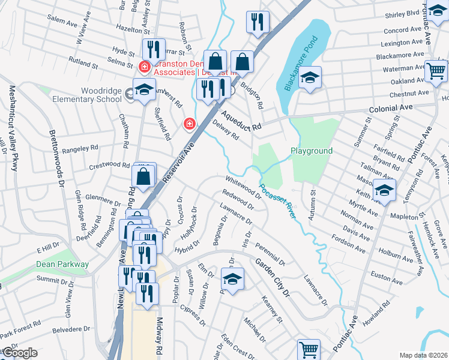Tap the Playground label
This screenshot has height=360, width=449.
point(312,151)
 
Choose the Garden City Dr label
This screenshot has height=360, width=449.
point(272,277)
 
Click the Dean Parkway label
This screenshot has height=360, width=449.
point(62,264)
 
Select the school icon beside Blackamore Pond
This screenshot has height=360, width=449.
point(310,78)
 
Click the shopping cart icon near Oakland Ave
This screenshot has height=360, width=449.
point(436,71)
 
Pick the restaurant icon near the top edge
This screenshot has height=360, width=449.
point(258,22)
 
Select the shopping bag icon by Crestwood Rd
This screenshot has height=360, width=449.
point(143,176)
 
